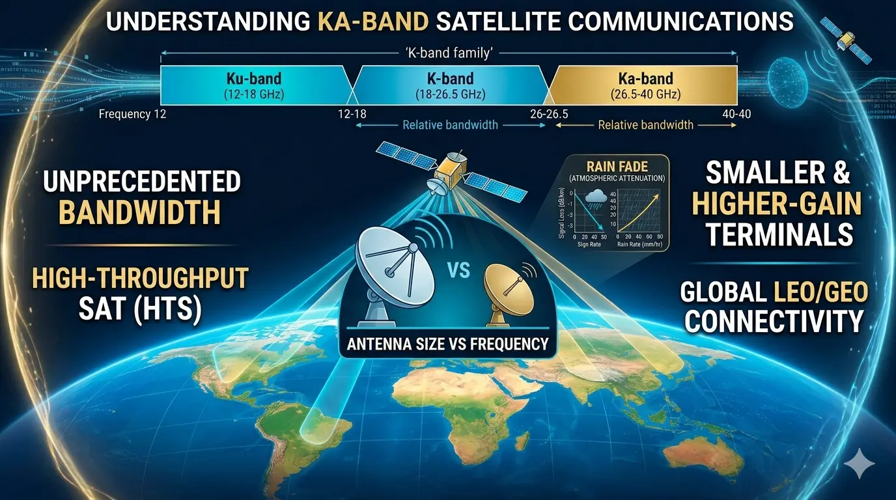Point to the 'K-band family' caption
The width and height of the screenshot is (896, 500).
pos(449,54)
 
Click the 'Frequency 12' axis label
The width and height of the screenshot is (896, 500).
pos(133,115)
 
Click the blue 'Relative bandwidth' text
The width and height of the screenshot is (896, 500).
pos(450,125)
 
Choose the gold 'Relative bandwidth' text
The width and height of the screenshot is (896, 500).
pos(645,125)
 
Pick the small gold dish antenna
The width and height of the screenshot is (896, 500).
pos(506,288)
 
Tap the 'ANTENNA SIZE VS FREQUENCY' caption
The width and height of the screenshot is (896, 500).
pos(447,342)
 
